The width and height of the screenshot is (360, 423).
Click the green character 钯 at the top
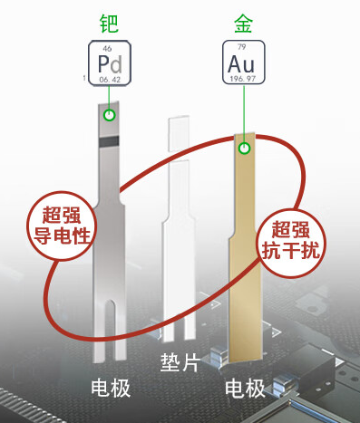point(110,19)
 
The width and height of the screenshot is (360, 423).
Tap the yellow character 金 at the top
point(244,19)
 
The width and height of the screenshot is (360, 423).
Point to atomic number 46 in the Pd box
point(108,46)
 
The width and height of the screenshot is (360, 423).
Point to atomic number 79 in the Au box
point(242,46)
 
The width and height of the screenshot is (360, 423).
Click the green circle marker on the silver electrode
point(109,115)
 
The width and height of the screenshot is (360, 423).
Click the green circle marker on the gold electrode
point(242,148)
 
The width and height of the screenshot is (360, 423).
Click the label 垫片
point(179,361)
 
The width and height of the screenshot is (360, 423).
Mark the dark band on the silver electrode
point(110,140)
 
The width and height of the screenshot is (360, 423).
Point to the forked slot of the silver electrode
point(110,326)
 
